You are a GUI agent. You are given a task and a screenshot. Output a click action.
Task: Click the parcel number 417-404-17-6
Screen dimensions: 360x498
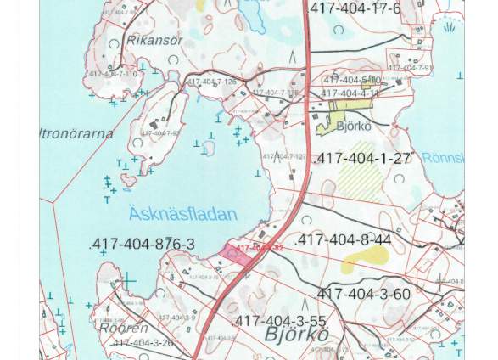pos(356,9)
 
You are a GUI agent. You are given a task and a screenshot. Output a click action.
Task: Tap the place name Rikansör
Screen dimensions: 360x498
pos(154,40)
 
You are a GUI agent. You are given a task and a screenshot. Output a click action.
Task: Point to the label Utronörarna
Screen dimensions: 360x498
pos(76,134)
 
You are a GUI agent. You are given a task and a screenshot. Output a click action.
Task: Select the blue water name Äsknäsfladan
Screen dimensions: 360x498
pos(182,213)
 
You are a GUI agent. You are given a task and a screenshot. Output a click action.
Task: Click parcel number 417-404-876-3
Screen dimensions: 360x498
pos(142,245)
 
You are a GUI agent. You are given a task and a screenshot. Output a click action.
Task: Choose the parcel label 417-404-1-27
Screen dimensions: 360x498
pos(362,159)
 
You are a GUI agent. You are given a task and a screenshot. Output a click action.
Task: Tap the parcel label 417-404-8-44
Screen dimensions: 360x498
pos(343,240)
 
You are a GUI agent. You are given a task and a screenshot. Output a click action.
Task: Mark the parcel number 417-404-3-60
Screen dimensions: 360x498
pos(363,295)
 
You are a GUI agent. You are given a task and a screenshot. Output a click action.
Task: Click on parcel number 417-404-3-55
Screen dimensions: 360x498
pos(279,322)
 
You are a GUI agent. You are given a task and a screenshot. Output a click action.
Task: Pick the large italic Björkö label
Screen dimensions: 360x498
pos(296,335)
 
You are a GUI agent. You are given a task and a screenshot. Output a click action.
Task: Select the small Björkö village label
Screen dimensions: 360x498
pos(354,127)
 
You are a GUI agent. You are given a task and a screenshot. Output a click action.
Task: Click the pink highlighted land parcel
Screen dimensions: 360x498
pos(235,253)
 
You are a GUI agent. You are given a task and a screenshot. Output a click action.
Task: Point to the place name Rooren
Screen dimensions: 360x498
pos(124,328)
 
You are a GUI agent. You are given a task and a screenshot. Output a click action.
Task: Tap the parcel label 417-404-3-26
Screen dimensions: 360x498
pos(143,343)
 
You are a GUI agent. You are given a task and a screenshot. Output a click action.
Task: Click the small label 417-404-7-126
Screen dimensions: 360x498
pos(212,82)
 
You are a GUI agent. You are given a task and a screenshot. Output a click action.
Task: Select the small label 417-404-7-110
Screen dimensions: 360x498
pos(113,74)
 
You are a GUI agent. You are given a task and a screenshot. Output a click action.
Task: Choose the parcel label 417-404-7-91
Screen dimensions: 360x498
pos(410,68)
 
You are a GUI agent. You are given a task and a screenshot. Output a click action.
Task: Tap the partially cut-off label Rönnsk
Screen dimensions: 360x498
pos(443,159)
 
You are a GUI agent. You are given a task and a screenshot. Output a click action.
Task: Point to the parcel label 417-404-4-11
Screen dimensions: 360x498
pos(350,93)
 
